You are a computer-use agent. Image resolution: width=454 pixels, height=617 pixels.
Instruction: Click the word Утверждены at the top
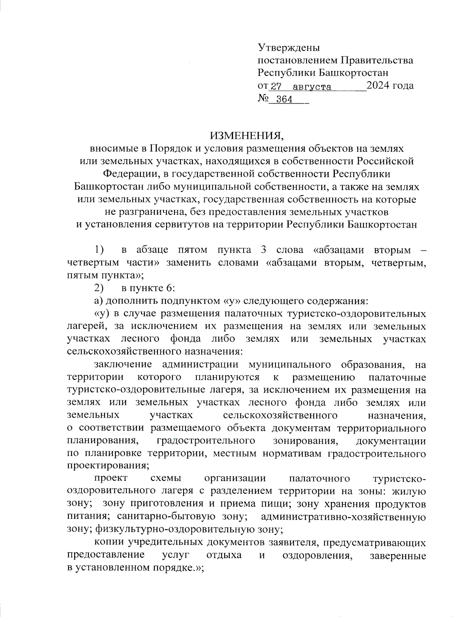point(289,48)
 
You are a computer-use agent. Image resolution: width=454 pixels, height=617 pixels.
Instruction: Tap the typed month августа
point(312,87)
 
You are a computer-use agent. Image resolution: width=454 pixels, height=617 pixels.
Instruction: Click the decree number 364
point(285,99)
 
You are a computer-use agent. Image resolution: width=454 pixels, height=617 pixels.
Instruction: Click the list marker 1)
point(99,250)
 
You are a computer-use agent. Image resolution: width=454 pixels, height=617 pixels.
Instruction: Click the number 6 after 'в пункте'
point(169,288)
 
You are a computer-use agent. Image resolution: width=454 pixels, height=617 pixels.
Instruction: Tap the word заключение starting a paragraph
point(123,365)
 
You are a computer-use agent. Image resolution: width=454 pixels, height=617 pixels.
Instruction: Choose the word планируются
point(227,378)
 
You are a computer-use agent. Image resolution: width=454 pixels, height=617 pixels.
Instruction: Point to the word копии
point(109,542)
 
